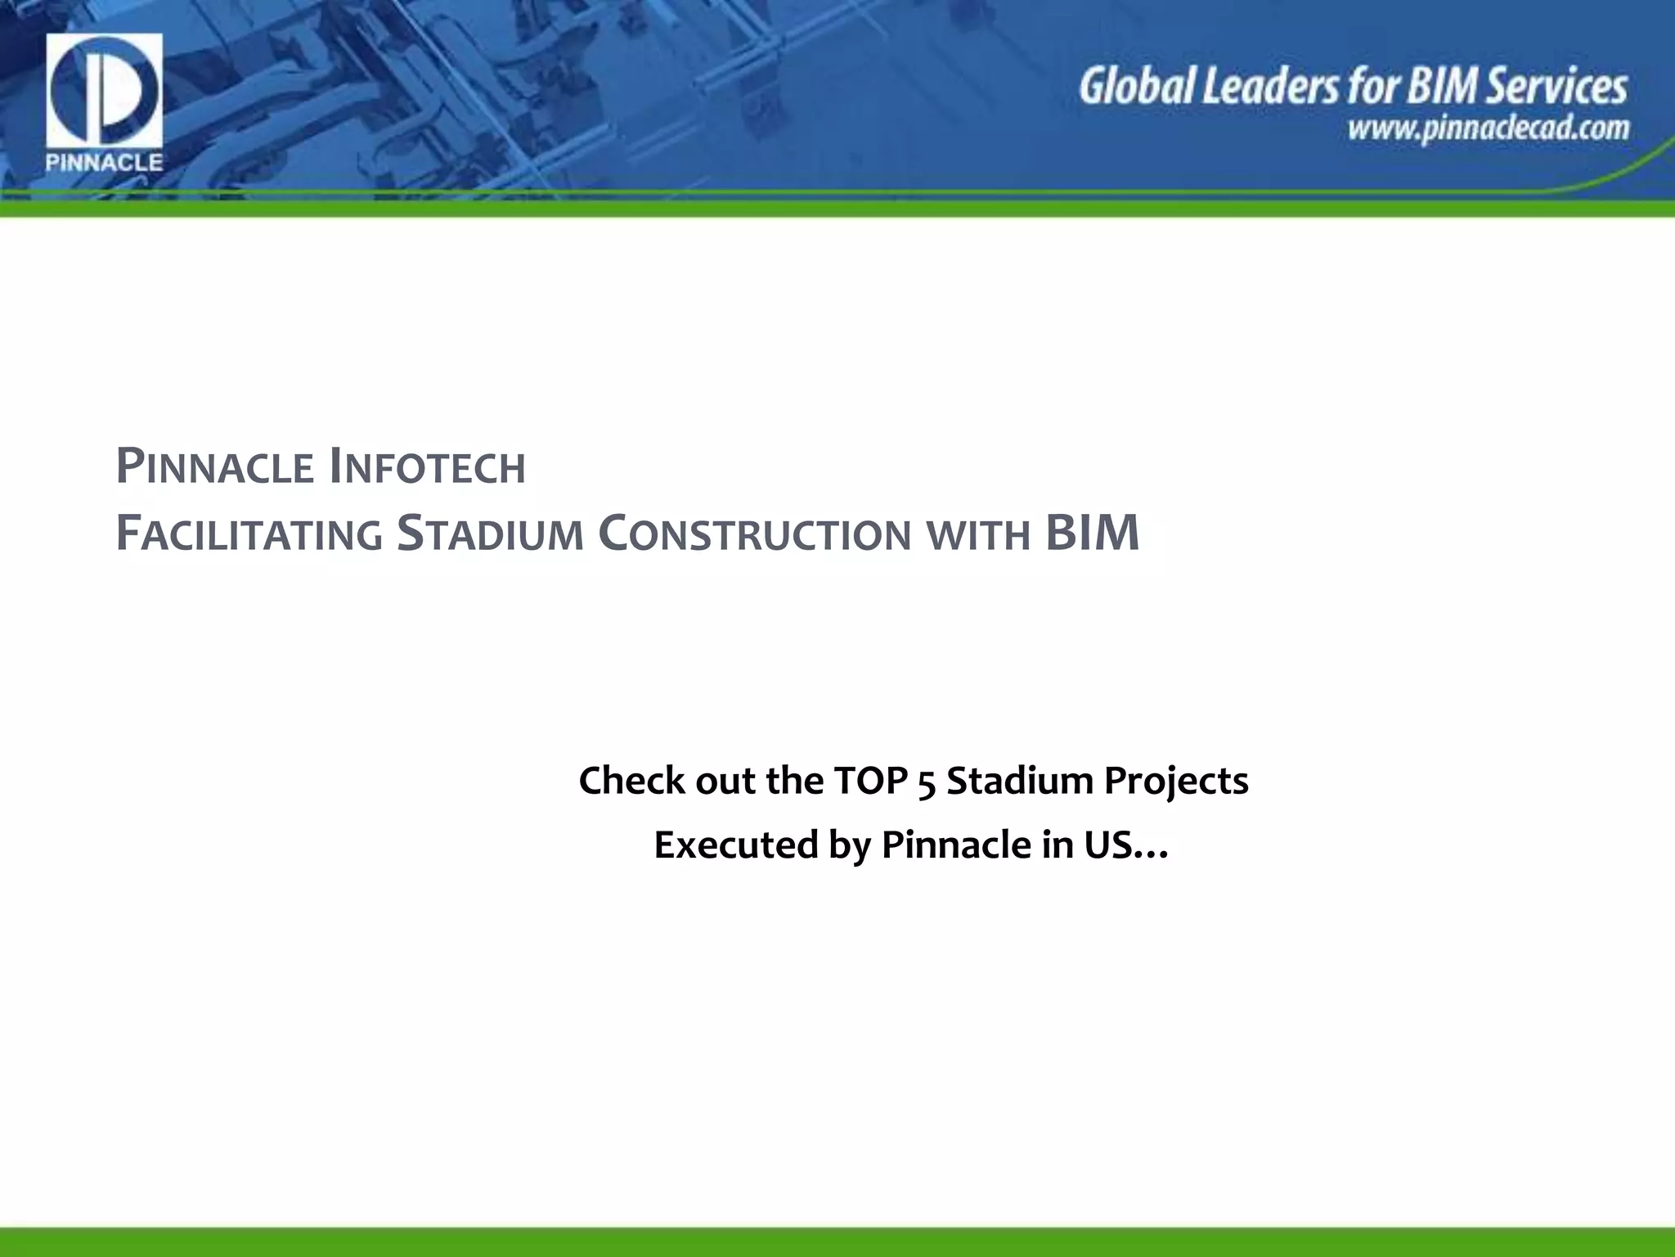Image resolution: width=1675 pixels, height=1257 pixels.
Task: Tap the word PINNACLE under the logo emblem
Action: [104, 161]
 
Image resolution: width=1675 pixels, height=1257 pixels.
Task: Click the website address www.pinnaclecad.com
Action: [1489, 129]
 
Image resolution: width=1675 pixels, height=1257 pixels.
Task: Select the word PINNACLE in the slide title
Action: [214, 468]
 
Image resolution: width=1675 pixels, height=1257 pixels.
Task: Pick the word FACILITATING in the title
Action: [249, 534]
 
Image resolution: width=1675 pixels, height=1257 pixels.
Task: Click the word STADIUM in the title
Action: [490, 534]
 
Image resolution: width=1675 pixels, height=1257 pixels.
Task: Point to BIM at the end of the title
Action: [1092, 533]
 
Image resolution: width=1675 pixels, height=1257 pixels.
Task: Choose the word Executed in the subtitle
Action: [735, 845]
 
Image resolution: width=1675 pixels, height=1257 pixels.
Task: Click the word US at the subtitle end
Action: [1109, 845]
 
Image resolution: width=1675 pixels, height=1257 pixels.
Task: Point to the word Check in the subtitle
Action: [631, 781]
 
